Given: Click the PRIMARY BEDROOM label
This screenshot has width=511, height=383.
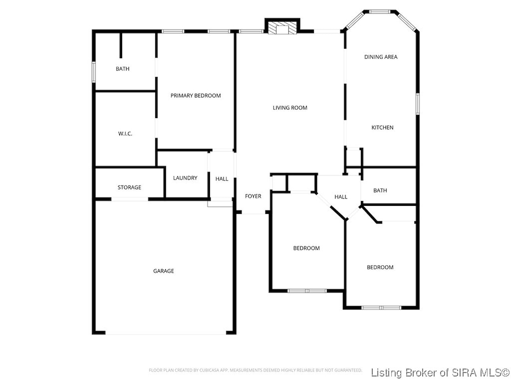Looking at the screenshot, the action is pyautogui.click(x=195, y=96).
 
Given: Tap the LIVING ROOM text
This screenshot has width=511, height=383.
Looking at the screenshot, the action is pyautogui.click(x=290, y=108).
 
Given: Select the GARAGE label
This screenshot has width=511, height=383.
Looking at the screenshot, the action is pyautogui.click(x=163, y=271).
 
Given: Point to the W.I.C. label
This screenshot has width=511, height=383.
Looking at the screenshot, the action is pyautogui.click(x=125, y=134).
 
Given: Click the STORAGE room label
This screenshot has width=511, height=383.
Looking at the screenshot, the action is pyautogui.click(x=129, y=188).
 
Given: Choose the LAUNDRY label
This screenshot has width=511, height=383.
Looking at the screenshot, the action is pyautogui.click(x=185, y=178).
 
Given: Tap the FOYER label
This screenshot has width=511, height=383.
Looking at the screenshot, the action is pyautogui.click(x=253, y=196).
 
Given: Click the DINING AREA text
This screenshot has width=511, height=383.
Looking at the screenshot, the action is pyautogui.click(x=380, y=57).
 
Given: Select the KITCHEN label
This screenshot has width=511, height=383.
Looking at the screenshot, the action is pyautogui.click(x=382, y=127).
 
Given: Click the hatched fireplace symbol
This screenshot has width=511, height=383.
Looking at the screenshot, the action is pyautogui.click(x=282, y=28).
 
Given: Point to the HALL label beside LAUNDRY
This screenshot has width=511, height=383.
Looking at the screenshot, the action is pyautogui.click(x=222, y=179).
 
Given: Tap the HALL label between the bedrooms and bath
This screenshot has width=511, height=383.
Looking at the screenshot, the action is pyautogui.click(x=341, y=197).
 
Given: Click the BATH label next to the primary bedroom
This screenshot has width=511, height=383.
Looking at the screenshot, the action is pyautogui.click(x=123, y=69).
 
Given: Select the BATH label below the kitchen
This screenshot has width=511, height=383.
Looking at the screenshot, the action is pyautogui.click(x=380, y=190).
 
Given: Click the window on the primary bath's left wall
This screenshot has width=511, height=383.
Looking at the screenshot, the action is pyautogui.click(x=93, y=72).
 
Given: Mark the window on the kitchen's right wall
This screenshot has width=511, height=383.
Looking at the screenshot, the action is pyautogui.click(x=418, y=104).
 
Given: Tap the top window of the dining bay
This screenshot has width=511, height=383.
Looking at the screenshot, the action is pyautogui.click(x=380, y=12).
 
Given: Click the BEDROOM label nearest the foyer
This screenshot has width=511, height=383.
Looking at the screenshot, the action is pyautogui.click(x=306, y=248).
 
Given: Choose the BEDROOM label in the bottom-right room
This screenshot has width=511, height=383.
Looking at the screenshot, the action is pyautogui.click(x=380, y=267).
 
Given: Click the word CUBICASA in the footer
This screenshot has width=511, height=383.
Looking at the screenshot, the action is pyautogui.click(x=208, y=370).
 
